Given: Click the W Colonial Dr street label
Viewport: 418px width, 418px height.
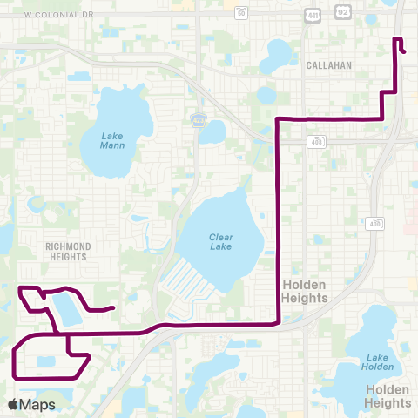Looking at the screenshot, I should click(59, 15).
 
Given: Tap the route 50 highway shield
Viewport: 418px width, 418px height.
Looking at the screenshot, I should click(241, 13).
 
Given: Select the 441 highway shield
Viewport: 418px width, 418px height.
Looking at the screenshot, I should click(312, 15).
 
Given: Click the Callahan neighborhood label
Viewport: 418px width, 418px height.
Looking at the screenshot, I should click(328, 65).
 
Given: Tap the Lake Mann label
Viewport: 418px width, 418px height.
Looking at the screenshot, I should click(112, 140).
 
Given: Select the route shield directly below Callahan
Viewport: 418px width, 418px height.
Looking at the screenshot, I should click(318, 142).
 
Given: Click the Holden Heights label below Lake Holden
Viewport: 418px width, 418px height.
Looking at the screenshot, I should click(388, 396).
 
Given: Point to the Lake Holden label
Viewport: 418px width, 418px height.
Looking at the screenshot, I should click(378, 362).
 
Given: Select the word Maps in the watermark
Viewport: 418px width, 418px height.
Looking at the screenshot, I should click(38, 404).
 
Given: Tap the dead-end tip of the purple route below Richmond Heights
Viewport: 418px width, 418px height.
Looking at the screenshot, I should click(114, 307).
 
